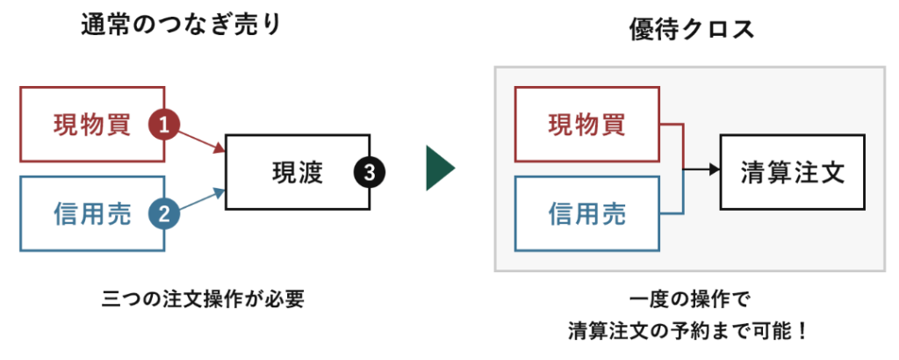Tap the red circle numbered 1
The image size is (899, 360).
click(164, 125)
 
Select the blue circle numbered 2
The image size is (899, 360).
click(164, 212)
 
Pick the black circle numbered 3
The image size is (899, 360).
click(369, 173)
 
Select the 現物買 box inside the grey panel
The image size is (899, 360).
click(586, 124)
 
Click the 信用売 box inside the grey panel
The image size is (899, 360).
click(586, 213)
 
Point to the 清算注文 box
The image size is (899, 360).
click(792, 171)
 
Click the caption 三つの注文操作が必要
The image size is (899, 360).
click(203, 299)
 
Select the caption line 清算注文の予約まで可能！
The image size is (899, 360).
click(687, 332)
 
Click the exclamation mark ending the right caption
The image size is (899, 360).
click(799, 332)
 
